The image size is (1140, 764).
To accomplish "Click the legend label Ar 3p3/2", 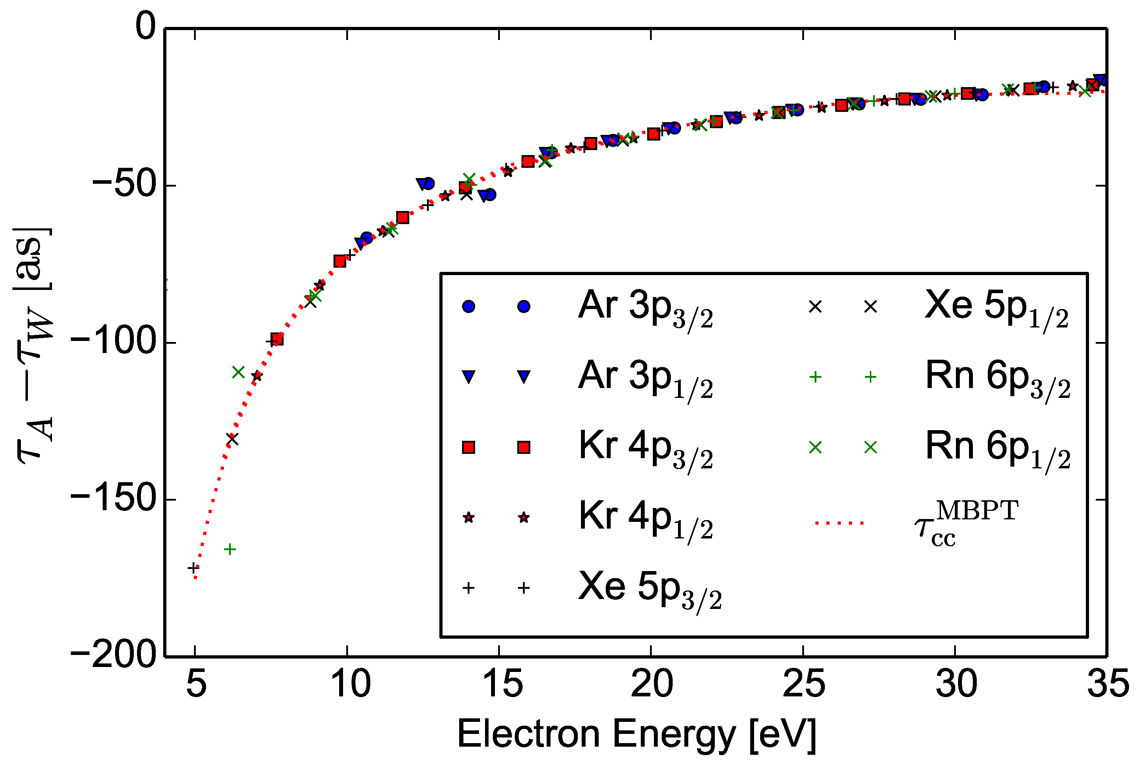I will point(645,307).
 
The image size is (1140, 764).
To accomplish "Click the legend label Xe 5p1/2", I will point(996,307).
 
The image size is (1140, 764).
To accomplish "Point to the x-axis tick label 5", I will point(196,684).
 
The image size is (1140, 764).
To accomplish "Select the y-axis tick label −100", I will point(113,343).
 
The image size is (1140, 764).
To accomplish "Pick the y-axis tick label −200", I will point(113,656).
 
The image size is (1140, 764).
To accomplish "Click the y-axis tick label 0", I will point(145,27).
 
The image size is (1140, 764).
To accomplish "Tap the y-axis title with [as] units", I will point(33,346).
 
